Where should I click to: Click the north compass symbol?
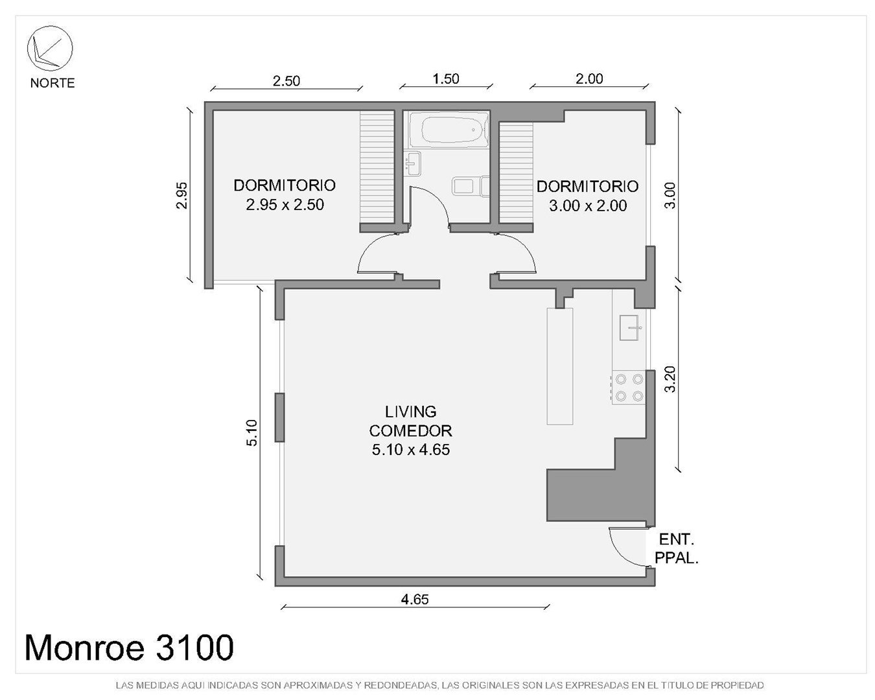(x=50, y=48)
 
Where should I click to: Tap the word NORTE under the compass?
(x=52, y=83)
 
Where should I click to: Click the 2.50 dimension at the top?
(x=286, y=81)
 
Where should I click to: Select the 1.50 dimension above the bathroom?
(x=446, y=78)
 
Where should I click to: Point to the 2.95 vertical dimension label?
(x=181, y=195)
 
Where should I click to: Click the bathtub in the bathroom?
(x=449, y=130)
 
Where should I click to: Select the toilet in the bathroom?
(x=471, y=187)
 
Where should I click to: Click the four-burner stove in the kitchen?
(x=629, y=387)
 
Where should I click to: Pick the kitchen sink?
(x=629, y=327)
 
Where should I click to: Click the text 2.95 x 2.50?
(x=285, y=205)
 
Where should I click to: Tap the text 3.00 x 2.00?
(x=587, y=206)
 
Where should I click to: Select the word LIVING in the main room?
(x=411, y=412)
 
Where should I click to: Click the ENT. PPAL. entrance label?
(x=677, y=549)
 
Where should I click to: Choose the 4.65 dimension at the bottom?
(x=415, y=599)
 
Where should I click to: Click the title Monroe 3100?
(x=129, y=647)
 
